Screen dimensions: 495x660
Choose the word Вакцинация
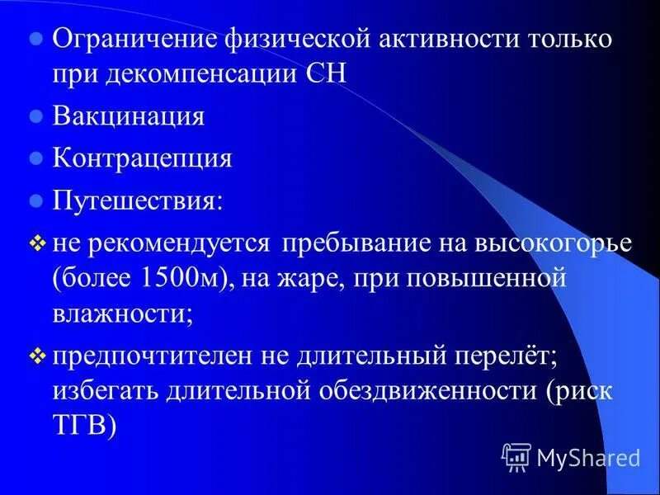(x=129, y=115)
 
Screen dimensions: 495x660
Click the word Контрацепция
(x=143, y=158)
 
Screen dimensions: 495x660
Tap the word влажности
(x=123, y=313)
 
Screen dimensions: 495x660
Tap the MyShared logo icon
(x=516, y=456)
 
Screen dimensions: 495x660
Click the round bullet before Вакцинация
(x=35, y=116)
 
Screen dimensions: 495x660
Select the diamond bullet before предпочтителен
(x=36, y=356)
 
